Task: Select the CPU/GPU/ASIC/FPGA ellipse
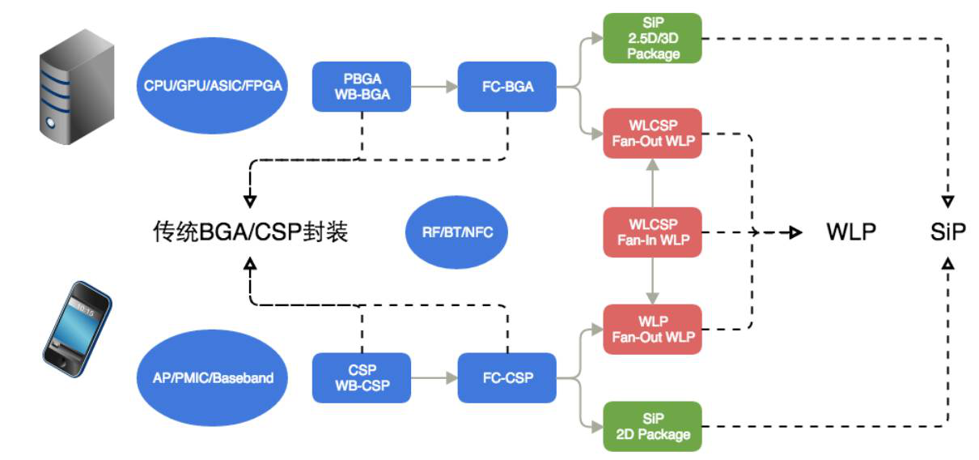tap(214, 86)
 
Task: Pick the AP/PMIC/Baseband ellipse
tap(214, 377)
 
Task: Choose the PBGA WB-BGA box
tap(362, 87)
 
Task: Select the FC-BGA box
tap(507, 87)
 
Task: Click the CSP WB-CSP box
tap(362, 377)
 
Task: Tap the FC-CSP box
tap(507, 377)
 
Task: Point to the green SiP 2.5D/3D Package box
tap(651, 37)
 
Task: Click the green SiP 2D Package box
tap(651, 425)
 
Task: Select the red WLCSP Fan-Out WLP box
tap(651, 134)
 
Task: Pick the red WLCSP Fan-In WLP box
tap(651, 232)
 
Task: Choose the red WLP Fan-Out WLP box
tap(651, 329)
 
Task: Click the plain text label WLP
tap(851, 232)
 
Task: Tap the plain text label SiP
tap(948, 232)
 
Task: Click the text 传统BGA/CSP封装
tap(251, 232)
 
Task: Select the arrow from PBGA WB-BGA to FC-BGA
tap(434, 87)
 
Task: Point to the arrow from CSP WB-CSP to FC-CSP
tap(434, 377)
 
